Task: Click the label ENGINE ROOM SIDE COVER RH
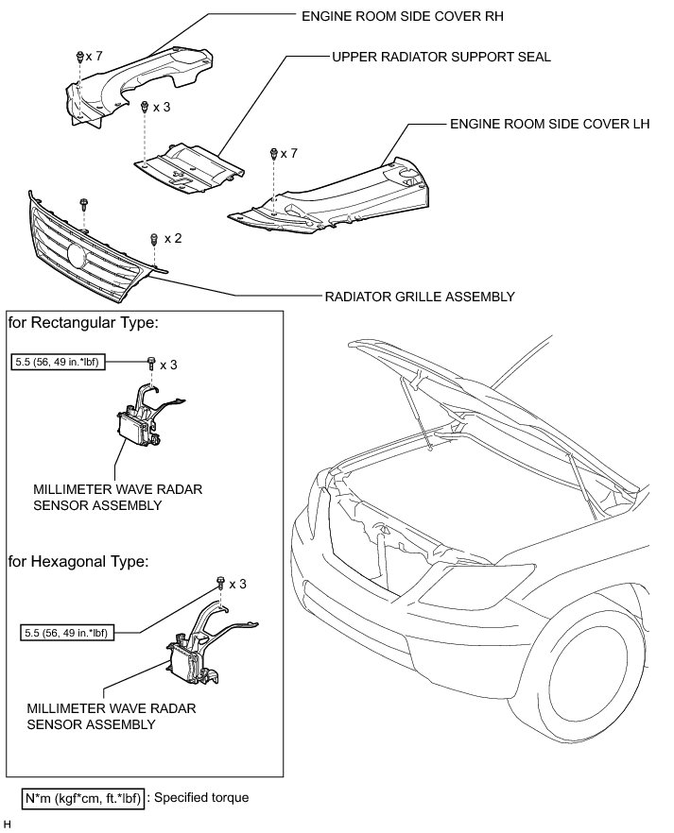point(398,16)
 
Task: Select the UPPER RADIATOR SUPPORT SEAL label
point(441,57)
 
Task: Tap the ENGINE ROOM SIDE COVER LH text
point(544,124)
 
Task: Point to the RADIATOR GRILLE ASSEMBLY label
point(420,297)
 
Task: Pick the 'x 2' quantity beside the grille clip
point(172,239)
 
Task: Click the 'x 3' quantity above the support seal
point(162,108)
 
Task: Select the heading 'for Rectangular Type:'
point(82,323)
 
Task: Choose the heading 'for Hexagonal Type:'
point(78,561)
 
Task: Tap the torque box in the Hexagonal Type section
point(65,631)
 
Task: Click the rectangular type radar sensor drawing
point(144,421)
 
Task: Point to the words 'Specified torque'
point(201,798)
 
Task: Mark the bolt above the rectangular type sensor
point(150,361)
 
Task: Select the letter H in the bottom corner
point(7,824)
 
